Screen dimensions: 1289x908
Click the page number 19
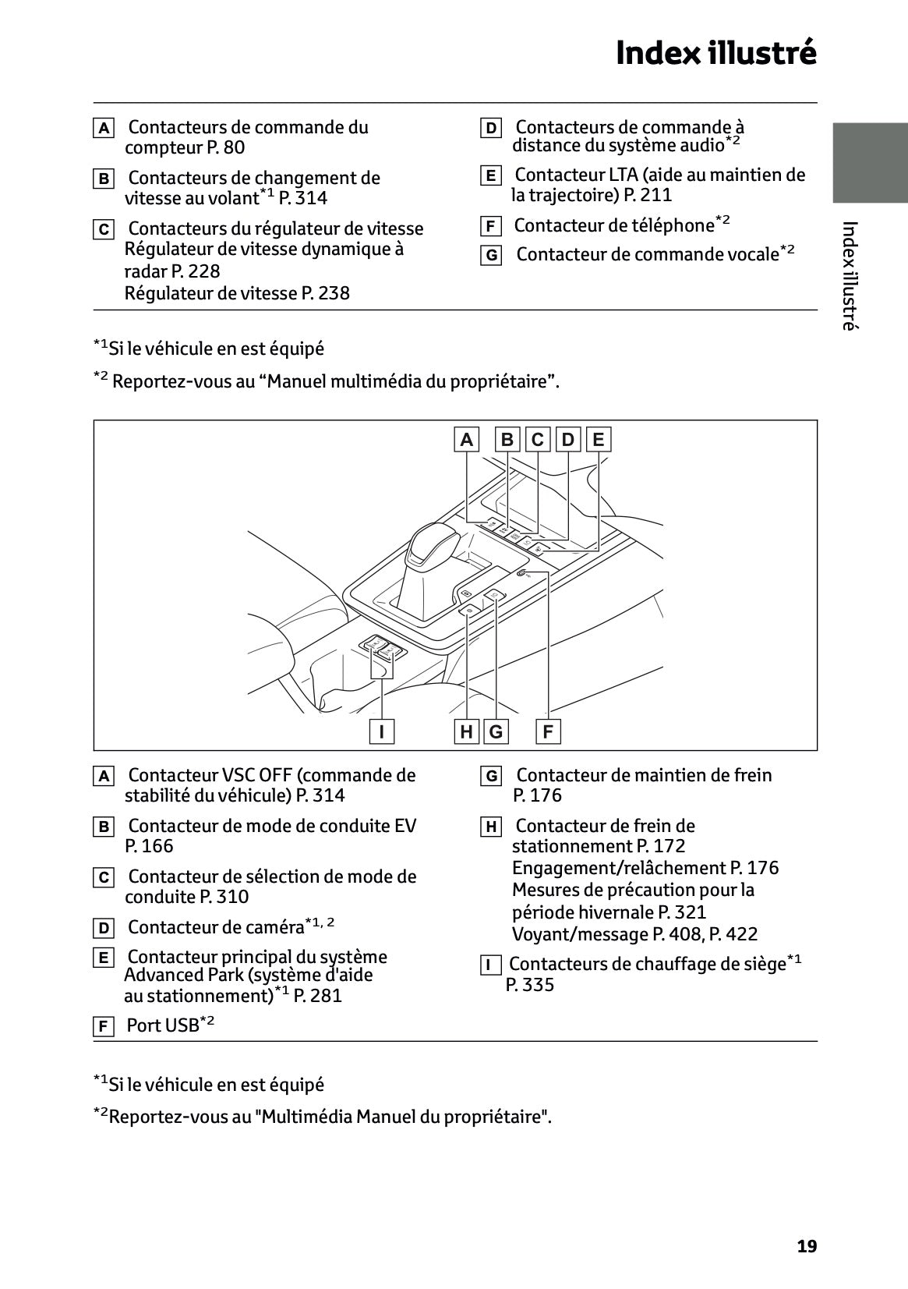(807, 1246)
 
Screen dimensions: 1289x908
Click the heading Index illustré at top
(715, 53)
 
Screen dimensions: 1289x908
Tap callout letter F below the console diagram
(548, 731)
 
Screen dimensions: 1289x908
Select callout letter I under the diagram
(381, 731)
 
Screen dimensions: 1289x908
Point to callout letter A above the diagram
(466, 440)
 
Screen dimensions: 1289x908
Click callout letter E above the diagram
(598, 440)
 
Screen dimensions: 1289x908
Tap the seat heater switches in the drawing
(383, 647)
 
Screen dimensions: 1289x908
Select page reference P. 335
(530, 985)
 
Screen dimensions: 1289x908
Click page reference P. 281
(318, 996)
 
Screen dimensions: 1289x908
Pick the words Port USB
(163, 1025)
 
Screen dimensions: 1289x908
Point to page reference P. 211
(648, 195)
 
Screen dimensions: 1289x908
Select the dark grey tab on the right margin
(870, 162)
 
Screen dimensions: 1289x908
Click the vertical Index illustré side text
(850, 276)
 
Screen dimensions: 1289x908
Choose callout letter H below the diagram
(466, 731)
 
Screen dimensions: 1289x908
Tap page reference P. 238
(326, 293)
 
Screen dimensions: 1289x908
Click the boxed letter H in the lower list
(490, 827)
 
